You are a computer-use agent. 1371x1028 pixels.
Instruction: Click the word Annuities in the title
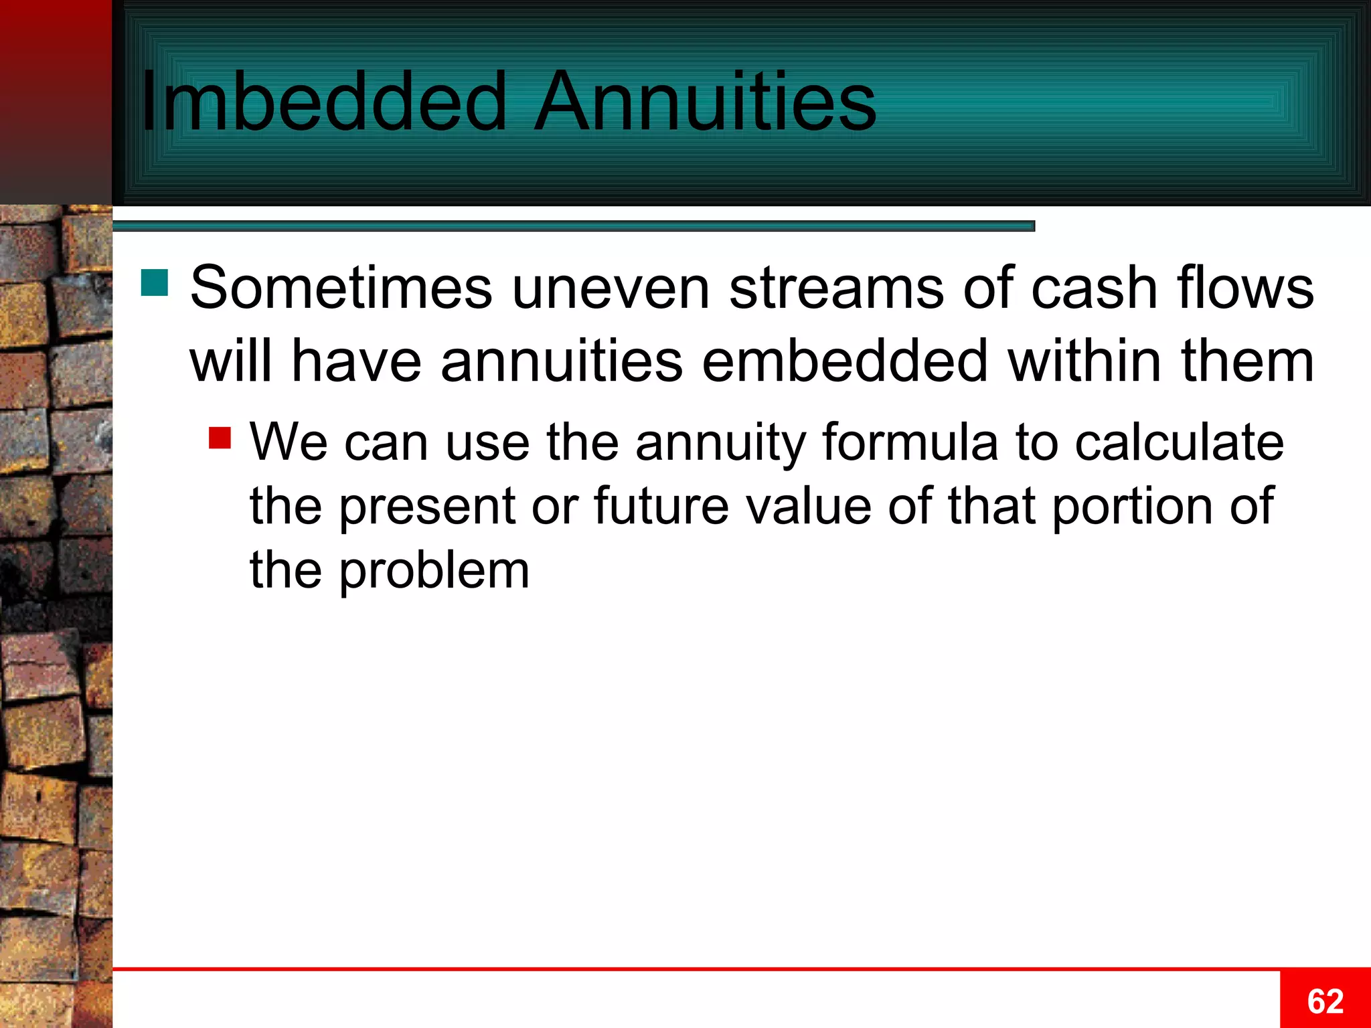(704, 102)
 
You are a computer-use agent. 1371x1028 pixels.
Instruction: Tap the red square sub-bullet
(220, 438)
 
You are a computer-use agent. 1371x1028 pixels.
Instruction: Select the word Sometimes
(341, 288)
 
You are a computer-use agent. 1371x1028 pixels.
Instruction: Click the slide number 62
(1325, 1001)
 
